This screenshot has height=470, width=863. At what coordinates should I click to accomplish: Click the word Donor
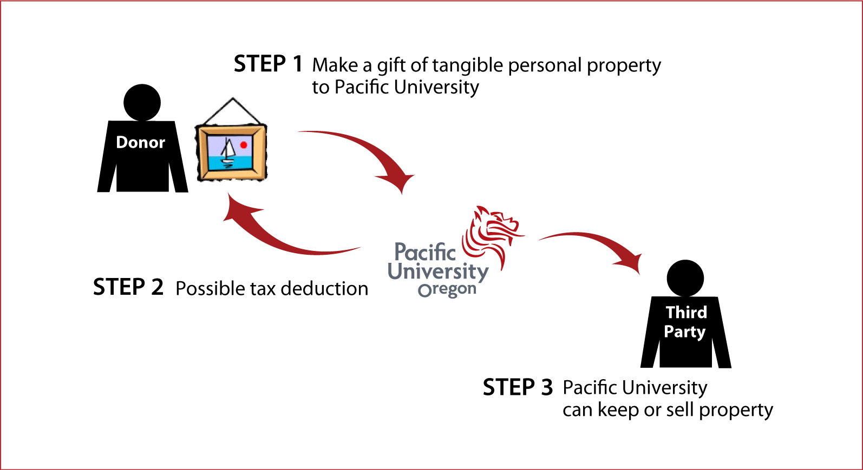tap(140, 142)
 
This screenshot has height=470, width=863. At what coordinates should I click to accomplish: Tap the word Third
tap(686, 312)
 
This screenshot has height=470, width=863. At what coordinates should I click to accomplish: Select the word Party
tap(684, 332)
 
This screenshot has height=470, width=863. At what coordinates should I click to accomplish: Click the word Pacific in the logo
tap(425, 253)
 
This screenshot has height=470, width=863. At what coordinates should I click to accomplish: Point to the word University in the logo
tap(437, 272)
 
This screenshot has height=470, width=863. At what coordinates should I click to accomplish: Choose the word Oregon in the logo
tap(447, 290)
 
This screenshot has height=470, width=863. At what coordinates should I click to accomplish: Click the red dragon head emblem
tap(492, 233)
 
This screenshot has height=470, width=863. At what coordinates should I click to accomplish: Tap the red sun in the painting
tap(244, 144)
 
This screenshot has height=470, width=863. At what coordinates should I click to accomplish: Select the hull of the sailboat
tap(227, 160)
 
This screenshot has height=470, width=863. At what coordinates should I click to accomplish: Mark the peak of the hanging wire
tap(233, 98)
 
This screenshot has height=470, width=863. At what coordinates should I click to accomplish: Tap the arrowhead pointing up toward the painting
tap(236, 208)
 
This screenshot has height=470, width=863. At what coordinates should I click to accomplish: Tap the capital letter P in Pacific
tap(401, 253)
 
